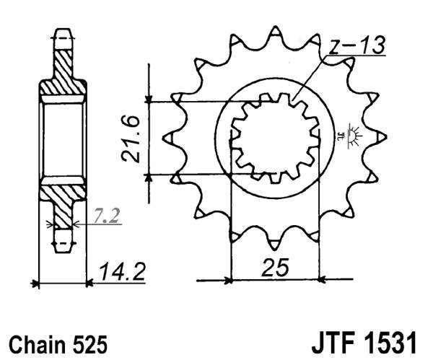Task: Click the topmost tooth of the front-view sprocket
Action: tap(275, 35)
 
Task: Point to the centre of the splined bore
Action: tap(275, 138)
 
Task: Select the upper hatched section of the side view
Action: tap(63, 76)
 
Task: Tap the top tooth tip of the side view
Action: tap(63, 32)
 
